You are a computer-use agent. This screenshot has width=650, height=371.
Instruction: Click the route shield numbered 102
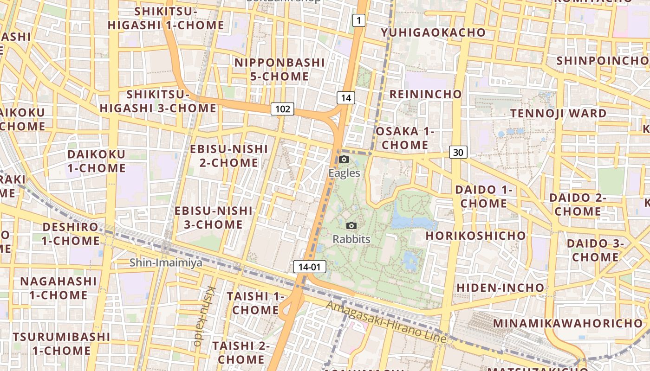pyautogui.click(x=283, y=109)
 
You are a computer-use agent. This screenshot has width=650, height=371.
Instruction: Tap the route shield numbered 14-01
pyautogui.click(x=310, y=267)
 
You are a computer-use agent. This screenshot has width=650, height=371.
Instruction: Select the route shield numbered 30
pyautogui.click(x=458, y=152)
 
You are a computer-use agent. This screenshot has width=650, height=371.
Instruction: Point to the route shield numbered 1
pyautogui.click(x=358, y=20)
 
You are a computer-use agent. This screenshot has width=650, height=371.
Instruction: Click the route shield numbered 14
pyautogui.click(x=346, y=97)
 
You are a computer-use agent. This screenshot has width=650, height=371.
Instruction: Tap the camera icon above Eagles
pyautogui.click(x=344, y=160)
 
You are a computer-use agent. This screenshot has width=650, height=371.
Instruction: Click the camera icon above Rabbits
pyautogui.click(x=352, y=226)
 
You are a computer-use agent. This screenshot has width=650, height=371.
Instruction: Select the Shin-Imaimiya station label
pyautogui.click(x=166, y=263)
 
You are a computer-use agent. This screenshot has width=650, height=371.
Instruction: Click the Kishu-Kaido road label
pyautogui.click(x=204, y=316)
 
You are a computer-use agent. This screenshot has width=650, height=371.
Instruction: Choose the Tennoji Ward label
pyautogui.click(x=559, y=113)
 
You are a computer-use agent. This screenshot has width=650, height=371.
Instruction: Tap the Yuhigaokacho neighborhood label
pyautogui.click(x=433, y=32)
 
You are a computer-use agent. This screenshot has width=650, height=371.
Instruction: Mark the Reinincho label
pyautogui.click(x=426, y=94)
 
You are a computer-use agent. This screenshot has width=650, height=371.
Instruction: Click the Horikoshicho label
pyautogui.click(x=476, y=236)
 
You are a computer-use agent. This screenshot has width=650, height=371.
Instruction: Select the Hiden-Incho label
pyautogui.click(x=500, y=288)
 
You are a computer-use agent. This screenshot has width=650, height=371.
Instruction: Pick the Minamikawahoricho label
pyautogui.click(x=568, y=323)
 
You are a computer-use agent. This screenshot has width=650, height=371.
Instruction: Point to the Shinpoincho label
pyautogui.click(x=602, y=61)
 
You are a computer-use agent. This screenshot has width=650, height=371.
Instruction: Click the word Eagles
pyautogui.click(x=344, y=173)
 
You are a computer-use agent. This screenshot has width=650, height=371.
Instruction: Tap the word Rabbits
pyautogui.click(x=351, y=239)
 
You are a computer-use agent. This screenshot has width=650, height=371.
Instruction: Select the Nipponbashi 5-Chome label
pyautogui.click(x=279, y=69)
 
